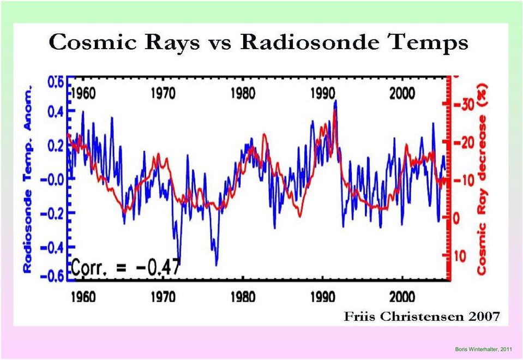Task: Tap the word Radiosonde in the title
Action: coord(309,42)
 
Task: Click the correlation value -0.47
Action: coord(158,267)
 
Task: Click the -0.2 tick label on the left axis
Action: coord(52,213)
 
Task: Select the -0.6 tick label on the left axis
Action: coord(52,275)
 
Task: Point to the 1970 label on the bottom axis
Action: coord(163,296)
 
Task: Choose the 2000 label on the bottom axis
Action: coord(402,296)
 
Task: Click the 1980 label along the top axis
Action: coord(243,93)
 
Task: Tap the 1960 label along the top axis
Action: coord(83,93)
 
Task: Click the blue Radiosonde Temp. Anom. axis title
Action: coord(27,179)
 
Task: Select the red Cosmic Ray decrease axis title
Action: coord(482,181)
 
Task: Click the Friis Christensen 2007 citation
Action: coord(422,316)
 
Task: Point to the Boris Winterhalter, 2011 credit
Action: coord(483,349)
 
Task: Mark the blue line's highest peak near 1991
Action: coord(335,100)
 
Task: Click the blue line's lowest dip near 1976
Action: coord(217,265)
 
